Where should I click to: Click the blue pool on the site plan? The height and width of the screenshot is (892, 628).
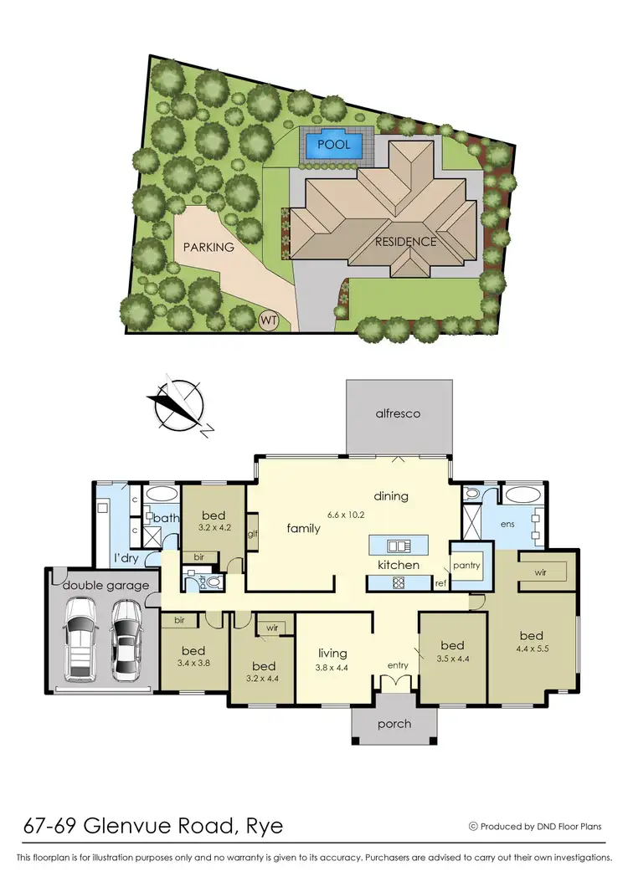click(333, 146)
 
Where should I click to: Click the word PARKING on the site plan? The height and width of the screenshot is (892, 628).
click(208, 247)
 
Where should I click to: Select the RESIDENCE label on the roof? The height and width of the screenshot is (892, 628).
click(405, 242)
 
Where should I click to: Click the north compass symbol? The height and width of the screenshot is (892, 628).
click(178, 404)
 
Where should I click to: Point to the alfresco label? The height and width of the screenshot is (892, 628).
click(399, 413)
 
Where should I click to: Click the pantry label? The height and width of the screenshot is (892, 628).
click(466, 565)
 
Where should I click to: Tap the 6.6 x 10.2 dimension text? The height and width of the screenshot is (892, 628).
click(346, 515)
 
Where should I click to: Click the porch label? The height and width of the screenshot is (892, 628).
click(394, 723)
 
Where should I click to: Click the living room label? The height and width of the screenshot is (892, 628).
click(333, 654)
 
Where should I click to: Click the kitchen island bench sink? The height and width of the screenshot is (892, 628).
click(399, 546)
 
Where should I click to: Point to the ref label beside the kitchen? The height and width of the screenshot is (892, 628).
click(440, 583)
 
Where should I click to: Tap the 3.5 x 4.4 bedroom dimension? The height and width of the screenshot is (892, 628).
click(452, 658)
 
